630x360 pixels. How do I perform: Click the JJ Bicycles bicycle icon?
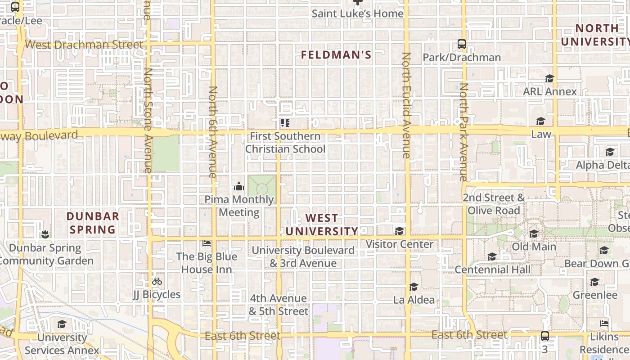(x=157, y=282)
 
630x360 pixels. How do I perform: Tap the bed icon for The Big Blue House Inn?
(x=207, y=243)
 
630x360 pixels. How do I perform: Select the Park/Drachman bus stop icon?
(x=461, y=44)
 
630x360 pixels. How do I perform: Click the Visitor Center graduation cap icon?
(x=399, y=231)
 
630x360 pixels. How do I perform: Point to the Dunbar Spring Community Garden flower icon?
(x=45, y=234)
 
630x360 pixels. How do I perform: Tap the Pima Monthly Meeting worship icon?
(x=239, y=186)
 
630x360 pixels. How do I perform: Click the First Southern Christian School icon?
(x=285, y=122)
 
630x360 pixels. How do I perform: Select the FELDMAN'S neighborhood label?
(x=336, y=55)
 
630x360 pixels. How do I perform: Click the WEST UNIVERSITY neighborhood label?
(x=322, y=225)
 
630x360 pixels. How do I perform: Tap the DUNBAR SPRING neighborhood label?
(x=93, y=223)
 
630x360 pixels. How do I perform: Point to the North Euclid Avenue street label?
(x=406, y=105)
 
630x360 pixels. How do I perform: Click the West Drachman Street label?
(x=84, y=45)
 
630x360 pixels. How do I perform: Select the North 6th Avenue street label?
(x=212, y=131)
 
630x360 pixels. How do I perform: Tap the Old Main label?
(x=534, y=247)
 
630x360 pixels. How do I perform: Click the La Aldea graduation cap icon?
(x=414, y=287)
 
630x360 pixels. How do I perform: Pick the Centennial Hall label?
(x=492, y=270)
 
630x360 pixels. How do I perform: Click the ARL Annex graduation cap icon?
(x=549, y=79)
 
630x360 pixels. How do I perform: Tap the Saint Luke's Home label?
(x=358, y=13)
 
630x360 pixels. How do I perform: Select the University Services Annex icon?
(x=62, y=324)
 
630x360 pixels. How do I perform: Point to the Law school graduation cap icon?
(x=540, y=121)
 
